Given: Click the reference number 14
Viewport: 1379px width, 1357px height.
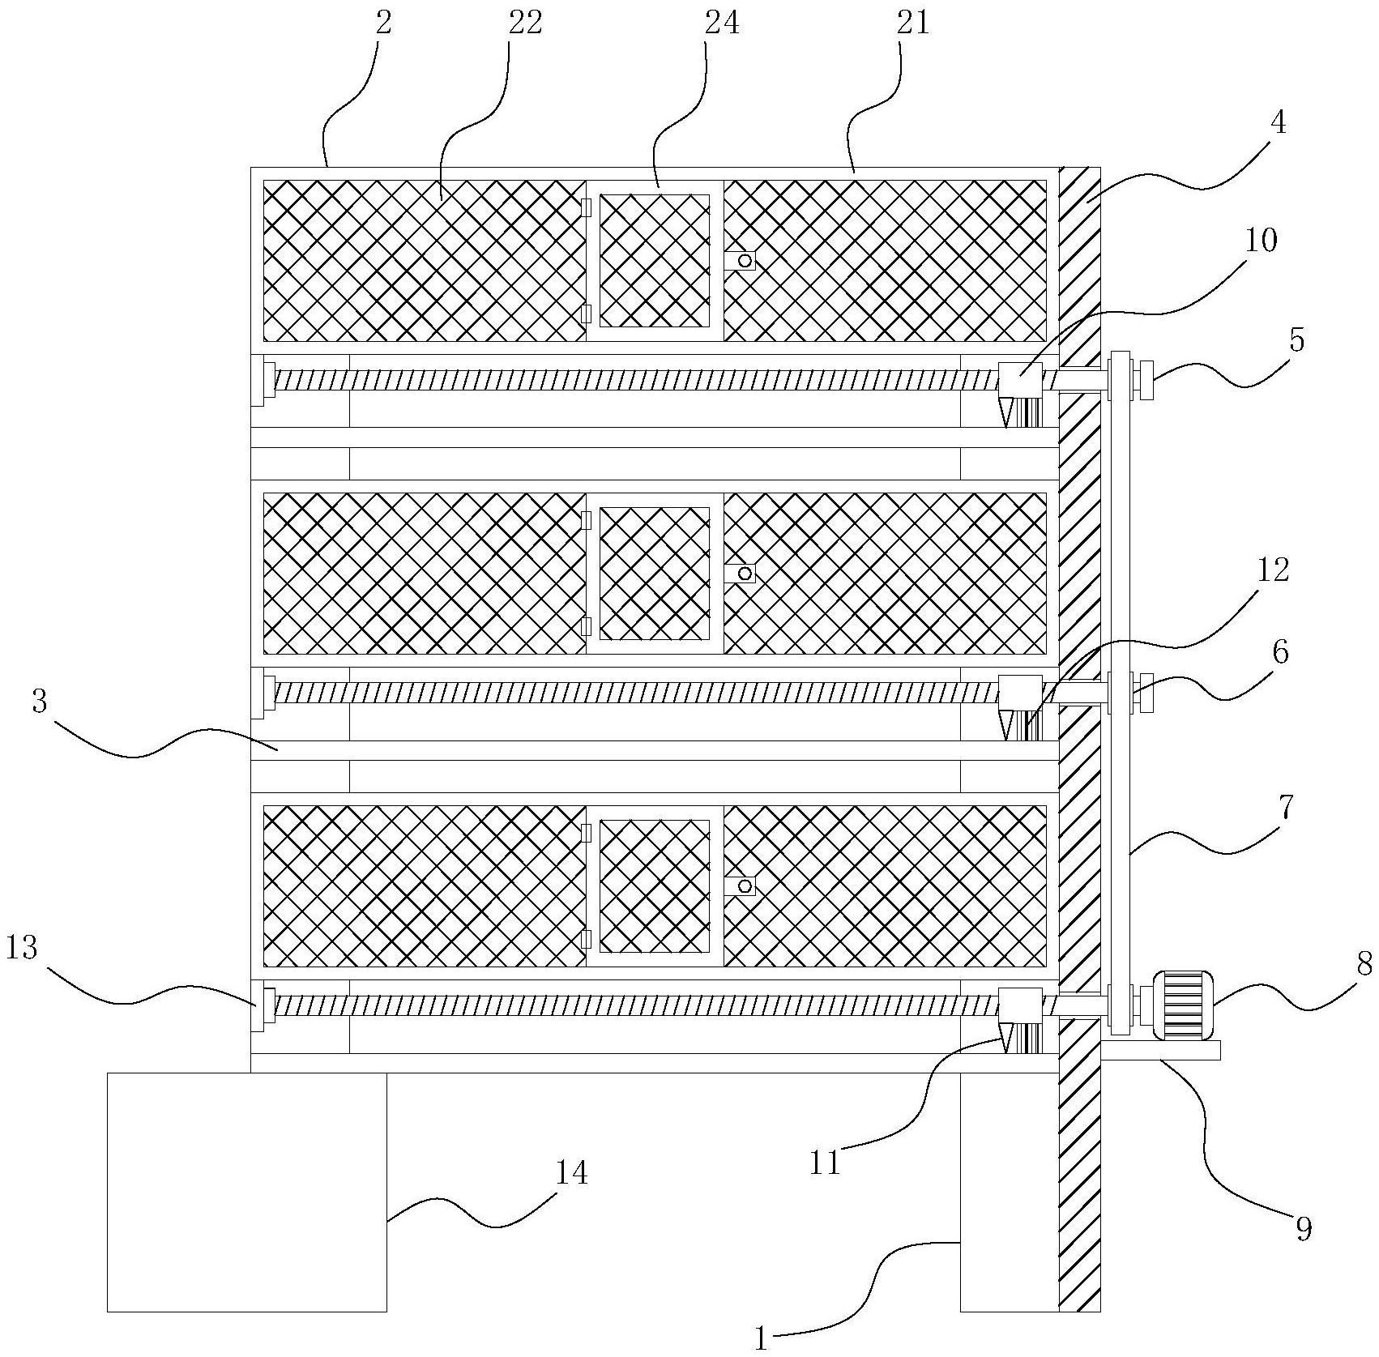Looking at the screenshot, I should pos(571,1174).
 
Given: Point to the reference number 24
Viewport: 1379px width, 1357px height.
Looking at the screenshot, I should pos(722,23).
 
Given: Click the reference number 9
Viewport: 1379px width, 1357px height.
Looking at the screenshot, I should pos(1304,1229).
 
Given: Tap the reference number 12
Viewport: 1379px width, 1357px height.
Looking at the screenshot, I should pos(1272,570).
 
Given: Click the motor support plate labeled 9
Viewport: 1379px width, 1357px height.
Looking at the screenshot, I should pos(1160,1050).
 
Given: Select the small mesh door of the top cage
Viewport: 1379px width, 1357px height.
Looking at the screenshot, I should pos(654,260).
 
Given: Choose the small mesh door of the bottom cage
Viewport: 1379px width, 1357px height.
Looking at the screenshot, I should pos(654,885).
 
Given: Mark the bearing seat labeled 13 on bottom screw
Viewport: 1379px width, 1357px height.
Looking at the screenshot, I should pos(258,1005).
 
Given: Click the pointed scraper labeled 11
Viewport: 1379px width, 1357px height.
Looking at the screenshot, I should pos(1008,1038).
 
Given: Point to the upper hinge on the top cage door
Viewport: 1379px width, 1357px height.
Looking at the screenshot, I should pos(586,208).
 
